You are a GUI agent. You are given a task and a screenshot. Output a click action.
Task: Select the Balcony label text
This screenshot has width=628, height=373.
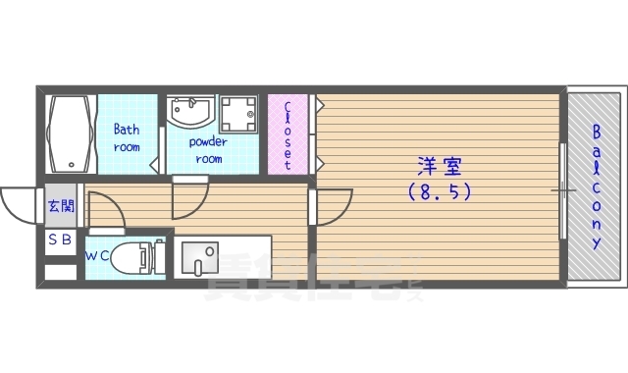(596, 186)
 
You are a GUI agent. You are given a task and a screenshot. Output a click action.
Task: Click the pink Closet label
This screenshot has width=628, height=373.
(287, 134)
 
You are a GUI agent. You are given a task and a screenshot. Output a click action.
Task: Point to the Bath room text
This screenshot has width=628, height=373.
(126, 137)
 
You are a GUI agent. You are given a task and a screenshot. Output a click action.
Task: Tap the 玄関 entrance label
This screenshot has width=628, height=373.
(60, 206)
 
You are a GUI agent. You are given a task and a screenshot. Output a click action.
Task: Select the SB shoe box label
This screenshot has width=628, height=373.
(60, 240)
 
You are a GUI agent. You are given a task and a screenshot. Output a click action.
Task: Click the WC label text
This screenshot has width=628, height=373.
(97, 256)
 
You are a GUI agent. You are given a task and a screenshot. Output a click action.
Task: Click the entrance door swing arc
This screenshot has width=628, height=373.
(18, 205)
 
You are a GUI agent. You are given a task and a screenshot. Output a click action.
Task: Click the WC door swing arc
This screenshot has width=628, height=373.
(104, 210)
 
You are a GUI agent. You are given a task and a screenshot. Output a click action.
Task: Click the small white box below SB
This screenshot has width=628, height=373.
(60, 269)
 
